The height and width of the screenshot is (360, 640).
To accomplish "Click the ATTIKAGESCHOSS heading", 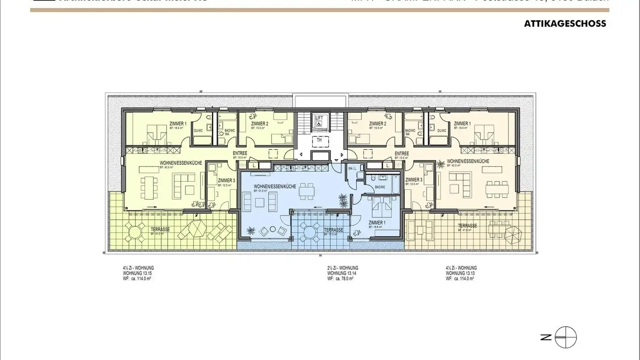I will [x=565, y=24].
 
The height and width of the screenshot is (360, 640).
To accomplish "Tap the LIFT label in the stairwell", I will [x=319, y=117].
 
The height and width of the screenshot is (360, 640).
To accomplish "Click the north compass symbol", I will [x=565, y=337].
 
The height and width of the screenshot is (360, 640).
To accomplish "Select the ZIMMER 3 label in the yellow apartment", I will [x=227, y=180].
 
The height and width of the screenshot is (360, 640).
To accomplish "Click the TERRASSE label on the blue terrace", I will [x=333, y=230].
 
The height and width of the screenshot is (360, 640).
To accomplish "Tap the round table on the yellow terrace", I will [x=133, y=230].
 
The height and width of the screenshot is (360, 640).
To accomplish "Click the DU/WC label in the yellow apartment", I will [x=198, y=131].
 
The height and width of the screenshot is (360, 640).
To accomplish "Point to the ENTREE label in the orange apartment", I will [x=402, y=154].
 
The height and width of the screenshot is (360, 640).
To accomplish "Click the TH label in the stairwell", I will [x=319, y=140].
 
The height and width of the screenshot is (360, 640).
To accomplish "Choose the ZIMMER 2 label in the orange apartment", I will [x=377, y=124].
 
